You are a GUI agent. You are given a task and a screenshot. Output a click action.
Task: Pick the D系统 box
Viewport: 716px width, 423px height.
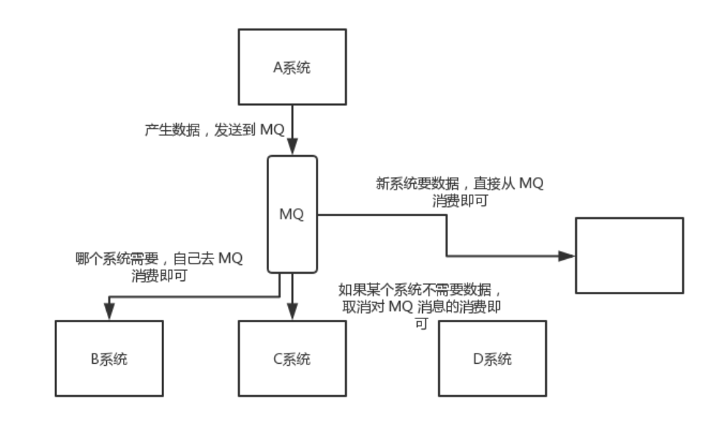click(x=492, y=359)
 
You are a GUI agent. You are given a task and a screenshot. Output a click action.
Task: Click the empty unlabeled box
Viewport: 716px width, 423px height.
click(x=629, y=255)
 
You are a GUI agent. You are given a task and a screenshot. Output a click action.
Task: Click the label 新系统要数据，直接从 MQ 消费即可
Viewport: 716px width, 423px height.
click(x=460, y=192)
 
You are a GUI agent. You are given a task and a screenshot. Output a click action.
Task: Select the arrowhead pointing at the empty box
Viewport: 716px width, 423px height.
click(x=566, y=256)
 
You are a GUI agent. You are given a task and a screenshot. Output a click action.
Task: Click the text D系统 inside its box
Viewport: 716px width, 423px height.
click(x=492, y=359)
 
